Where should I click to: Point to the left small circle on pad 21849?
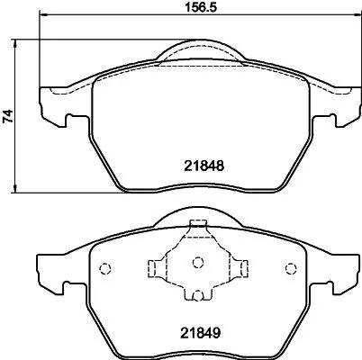[104, 267]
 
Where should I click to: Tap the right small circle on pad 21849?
[290, 267]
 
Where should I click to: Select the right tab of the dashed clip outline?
[241, 267]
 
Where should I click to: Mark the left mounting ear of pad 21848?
[52, 106]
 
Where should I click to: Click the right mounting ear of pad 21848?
[343, 106]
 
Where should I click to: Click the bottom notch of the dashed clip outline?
[198, 296]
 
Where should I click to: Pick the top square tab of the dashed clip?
[198, 228]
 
